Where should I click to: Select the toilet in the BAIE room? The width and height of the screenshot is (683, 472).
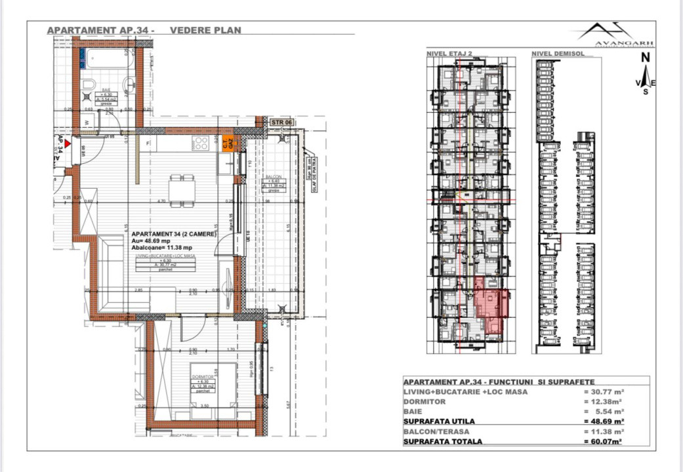(x=89, y=85)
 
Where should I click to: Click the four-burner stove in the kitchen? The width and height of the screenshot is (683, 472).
(x=200, y=144)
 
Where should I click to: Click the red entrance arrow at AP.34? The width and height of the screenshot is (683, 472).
(x=67, y=142)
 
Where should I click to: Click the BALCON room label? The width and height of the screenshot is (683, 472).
(x=274, y=178)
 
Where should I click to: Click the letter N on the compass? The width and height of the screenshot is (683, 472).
(x=646, y=57)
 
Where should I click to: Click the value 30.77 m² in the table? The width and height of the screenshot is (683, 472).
(x=604, y=392)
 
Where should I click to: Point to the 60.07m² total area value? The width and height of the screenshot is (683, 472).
(x=604, y=441)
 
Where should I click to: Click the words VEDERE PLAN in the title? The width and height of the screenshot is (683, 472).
(x=205, y=29)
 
